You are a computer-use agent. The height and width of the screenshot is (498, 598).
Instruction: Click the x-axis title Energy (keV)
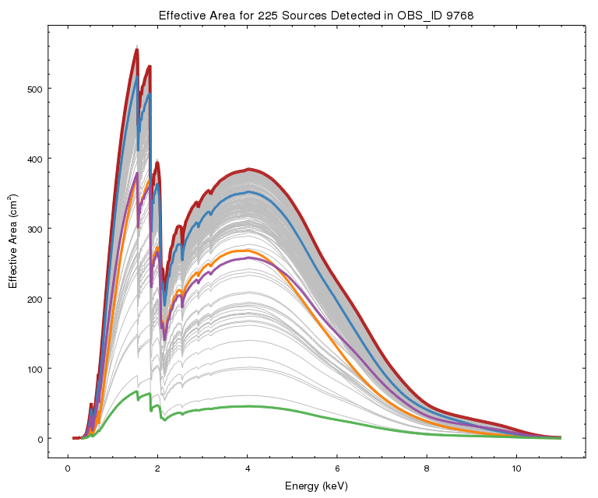[315, 486]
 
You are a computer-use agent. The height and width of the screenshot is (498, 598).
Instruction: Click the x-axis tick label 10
[516, 469]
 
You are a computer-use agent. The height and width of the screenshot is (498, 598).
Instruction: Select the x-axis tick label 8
[427, 469]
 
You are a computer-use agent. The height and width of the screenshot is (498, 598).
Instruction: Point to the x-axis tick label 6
[337, 469]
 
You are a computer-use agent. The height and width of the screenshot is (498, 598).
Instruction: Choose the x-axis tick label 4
[248, 469]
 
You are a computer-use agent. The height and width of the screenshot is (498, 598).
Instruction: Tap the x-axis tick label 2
[158, 469]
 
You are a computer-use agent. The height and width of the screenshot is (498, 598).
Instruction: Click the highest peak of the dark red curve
[137, 51]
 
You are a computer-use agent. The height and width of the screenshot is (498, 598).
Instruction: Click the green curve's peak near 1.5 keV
[136, 391]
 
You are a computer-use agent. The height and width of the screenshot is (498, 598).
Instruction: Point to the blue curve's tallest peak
[137, 76]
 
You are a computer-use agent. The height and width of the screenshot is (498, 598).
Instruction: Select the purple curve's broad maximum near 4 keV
[248, 258]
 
